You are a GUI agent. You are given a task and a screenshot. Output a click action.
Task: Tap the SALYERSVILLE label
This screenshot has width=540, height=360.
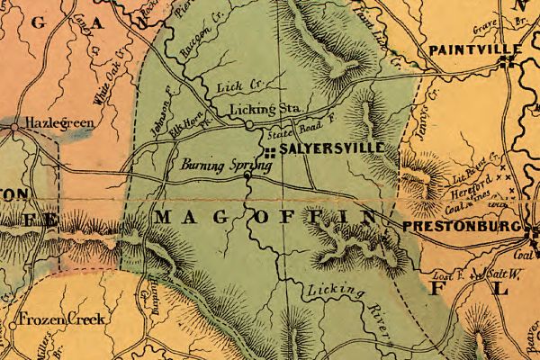pyautogui.click(x=332, y=147)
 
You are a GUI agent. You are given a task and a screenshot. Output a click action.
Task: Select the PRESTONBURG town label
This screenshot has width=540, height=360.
pyautogui.click(x=463, y=227)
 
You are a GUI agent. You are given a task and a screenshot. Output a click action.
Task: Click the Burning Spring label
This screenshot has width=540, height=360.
pyautogui.click(x=213, y=166)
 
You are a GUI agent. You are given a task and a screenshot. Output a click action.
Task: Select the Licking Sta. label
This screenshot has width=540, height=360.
pyautogui.click(x=263, y=109)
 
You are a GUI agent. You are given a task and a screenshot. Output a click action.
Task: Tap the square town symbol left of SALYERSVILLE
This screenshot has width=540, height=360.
pyautogui.click(x=269, y=150)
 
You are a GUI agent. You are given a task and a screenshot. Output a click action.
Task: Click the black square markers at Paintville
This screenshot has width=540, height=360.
pyautogui.click(x=508, y=61)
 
